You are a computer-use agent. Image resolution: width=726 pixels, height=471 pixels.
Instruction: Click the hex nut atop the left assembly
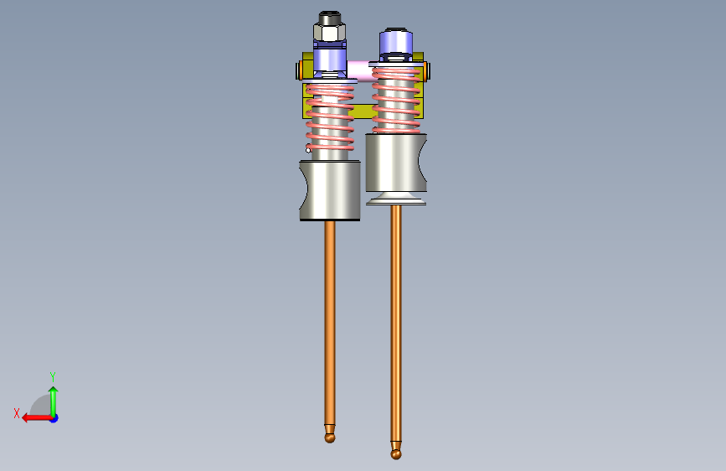coord(329,33)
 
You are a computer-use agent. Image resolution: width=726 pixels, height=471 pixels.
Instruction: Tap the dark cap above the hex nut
coord(330,18)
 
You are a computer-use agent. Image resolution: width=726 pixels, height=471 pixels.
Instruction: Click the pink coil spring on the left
coord(330,117)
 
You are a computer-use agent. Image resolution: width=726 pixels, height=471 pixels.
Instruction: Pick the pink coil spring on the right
coord(396,100)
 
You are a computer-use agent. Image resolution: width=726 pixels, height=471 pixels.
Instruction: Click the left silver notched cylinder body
coord(330,190)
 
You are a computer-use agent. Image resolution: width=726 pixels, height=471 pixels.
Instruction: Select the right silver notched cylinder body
coord(396,163)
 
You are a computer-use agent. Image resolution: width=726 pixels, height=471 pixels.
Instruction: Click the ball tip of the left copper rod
coord(330,437)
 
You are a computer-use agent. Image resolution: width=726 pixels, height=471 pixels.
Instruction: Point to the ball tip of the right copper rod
coord(396,454)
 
